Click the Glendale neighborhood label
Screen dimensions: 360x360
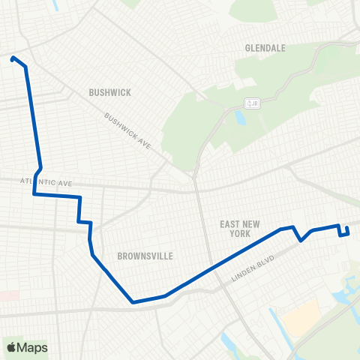pos(265,48)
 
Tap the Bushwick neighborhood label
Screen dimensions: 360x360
pos(109,93)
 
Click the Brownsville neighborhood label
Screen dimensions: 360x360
pos(145,256)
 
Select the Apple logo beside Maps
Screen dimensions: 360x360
pos(11,347)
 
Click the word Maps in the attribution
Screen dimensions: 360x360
pos(33,347)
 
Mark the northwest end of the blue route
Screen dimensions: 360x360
pos(13,58)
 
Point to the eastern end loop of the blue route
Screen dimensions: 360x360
pos(346,231)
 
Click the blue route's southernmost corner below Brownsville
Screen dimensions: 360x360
pos(133,302)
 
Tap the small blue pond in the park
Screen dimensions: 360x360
pos(239,118)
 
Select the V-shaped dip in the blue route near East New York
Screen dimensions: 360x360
pos(301,241)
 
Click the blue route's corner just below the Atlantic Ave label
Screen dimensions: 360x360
pos(34,194)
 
